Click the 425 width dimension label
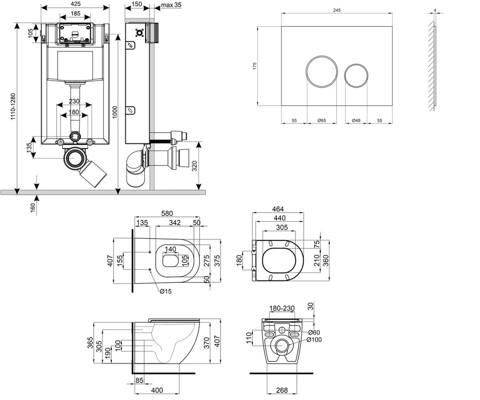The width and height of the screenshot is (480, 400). pyautogui.click(x=76, y=4)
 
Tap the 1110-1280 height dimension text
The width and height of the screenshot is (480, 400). pyautogui.click(x=13, y=106)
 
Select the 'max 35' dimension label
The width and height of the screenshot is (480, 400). pyautogui.click(x=171, y=4)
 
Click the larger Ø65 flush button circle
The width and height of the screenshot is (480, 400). pyautogui.click(x=322, y=72)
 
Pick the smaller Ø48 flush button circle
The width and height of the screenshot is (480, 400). pyautogui.click(x=356, y=76)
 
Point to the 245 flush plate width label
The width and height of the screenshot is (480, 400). pyautogui.click(x=336, y=10)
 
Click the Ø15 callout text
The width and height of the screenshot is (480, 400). pyautogui.click(x=166, y=292)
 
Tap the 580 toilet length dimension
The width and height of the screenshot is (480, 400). pyautogui.click(x=167, y=213)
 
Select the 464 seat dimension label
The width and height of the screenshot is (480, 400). pyautogui.click(x=278, y=209)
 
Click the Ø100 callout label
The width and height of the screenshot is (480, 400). pyautogui.click(x=314, y=340)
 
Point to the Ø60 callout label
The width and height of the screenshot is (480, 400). pyautogui.click(x=314, y=332)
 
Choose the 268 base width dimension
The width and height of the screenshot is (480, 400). pyautogui.click(x=282, y=390)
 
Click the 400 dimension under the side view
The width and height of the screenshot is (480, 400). pyautogui.click(x=157, y=390)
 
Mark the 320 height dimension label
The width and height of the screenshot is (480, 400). pyautogui.click(x=194, y=166)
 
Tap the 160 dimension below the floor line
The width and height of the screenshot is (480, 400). pyautogui.click(x=33, y=208)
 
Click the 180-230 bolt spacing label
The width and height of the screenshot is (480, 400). pyautogui.click(x=282, y=308)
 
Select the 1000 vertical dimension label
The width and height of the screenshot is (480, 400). pyautogui.click(x=114, y=112)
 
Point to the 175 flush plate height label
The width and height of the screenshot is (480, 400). pyautogui.click(x=254, y=66)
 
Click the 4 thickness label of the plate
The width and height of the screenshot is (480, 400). pyautogui.click(x=435, y=10)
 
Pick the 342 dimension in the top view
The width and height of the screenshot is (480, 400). pyautogui.click(x=175, y=222)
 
